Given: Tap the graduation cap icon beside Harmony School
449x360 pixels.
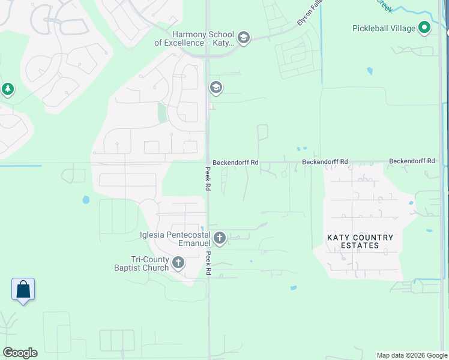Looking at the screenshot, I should coord(243,38).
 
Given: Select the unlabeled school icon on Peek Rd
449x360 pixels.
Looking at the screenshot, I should coord(215,88).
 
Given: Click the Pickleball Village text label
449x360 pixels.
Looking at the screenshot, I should coord(384,28).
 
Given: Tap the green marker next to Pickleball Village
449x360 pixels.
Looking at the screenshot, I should coord(424,28).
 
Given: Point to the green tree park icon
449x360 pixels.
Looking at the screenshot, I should coord(7,90).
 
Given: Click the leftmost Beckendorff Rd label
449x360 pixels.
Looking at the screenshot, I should coord(235,163).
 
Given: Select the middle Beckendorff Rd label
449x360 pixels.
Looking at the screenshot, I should coord(325,162).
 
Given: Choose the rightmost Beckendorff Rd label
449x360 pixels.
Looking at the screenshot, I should coord(411,161).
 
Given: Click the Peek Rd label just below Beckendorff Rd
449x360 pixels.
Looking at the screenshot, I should coord(208,179).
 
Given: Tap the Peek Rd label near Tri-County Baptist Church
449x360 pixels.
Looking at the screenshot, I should coord(208,263).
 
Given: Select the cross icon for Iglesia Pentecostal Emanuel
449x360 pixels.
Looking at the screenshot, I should coord(220,239).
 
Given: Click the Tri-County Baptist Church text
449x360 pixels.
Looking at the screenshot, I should coord(142,263).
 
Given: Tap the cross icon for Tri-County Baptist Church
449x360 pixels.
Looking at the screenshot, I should coord(178,263).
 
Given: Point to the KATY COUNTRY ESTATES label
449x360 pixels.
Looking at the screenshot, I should coord(360,241).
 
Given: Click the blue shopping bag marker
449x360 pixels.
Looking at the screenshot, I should coord(23,290).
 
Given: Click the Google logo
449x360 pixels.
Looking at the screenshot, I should coord(20,353).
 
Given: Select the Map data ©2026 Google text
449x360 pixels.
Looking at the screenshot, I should coord(412,355).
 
